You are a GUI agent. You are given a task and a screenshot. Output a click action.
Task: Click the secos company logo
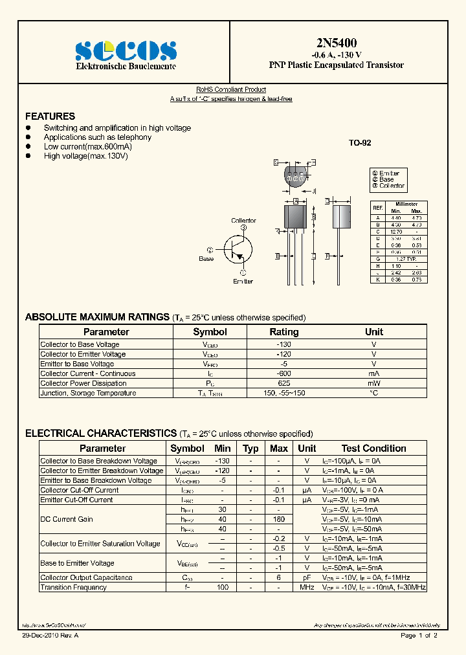click(x=126, y=50)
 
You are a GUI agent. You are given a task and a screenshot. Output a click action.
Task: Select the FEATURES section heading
click(x=50, y=117)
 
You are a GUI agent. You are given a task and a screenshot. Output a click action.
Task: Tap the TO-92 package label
click(x=360, y=143)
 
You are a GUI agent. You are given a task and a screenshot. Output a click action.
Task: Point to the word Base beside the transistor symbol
click(x=206, y=259)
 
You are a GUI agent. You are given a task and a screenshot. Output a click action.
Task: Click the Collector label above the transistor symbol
click(x=243, y=221)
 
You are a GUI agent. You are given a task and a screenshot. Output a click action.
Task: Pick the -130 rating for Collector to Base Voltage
click(x=283, y=344)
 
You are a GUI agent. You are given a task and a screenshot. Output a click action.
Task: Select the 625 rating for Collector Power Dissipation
click(x=283, y=383)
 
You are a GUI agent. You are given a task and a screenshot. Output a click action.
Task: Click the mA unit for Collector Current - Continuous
click(x=373, y=373)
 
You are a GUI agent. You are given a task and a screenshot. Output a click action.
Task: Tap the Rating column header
click(x=283, y=332)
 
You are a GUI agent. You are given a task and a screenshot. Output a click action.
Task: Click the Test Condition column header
click(x=373, y=449)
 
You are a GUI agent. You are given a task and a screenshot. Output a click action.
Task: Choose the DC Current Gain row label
click(x=67, y=519)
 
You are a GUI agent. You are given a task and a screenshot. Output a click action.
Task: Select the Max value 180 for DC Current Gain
click(x=278, y=519)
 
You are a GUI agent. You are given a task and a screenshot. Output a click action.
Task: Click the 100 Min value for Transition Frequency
click(x=222, y=587)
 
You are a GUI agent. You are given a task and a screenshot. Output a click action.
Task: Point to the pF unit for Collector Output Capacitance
click(x=307, y=577)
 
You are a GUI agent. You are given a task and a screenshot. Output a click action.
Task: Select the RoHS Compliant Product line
click(x=231, y=90)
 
